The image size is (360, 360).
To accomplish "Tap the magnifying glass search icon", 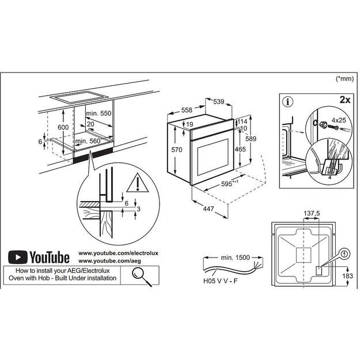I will [x=138, y=274].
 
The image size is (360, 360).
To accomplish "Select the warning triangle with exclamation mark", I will [x=138, y=183].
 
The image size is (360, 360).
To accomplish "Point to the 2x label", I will [x=345, y=100].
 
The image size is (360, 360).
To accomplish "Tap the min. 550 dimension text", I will [x=97, y=114].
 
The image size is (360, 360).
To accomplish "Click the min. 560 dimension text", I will [x=88, y=141].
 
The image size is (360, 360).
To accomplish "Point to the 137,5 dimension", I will [x=312, y=214].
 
